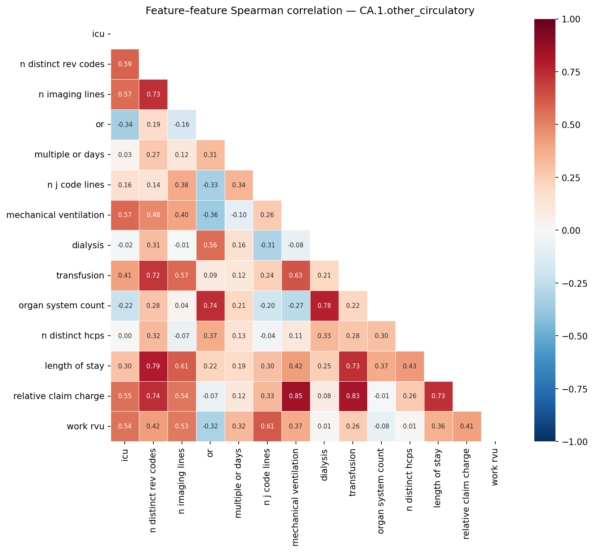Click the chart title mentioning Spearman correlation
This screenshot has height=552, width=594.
coord(310,11)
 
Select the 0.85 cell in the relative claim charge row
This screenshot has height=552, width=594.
coord(296,396)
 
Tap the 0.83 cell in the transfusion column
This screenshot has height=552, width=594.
coord(353,396)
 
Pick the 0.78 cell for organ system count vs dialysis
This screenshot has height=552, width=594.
coord(325,306)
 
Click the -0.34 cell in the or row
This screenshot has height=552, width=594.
coord(125,125)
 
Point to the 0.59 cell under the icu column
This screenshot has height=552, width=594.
coord(125,64)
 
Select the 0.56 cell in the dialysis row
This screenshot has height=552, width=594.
coord(210,245)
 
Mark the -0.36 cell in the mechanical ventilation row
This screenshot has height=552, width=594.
coord(210,215)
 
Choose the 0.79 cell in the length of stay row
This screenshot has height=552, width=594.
coord(153,366)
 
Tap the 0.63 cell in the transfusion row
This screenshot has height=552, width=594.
coord(296,276)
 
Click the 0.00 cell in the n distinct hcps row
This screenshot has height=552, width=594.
coord(125,336)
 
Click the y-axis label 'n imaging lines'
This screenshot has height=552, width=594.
coord(71,94)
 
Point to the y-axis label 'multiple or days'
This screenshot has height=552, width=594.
coord(69,155)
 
